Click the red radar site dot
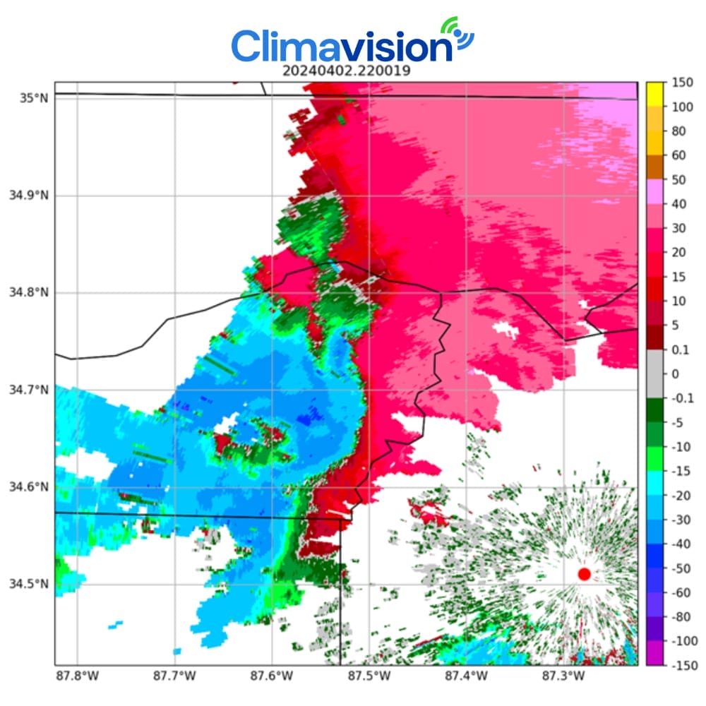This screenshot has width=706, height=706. pos(584,574)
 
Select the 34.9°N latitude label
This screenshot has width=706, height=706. pos(28,196)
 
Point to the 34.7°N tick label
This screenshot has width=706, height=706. pos(28,390)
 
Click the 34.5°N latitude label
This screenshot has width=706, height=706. pos(28,584)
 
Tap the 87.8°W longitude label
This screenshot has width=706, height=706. pos(78,676)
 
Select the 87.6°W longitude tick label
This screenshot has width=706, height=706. pos(272,676)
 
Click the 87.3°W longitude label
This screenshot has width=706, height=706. pos(563,676)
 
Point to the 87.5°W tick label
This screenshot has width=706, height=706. pos(369,676)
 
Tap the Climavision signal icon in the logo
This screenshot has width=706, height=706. pos(458,34)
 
